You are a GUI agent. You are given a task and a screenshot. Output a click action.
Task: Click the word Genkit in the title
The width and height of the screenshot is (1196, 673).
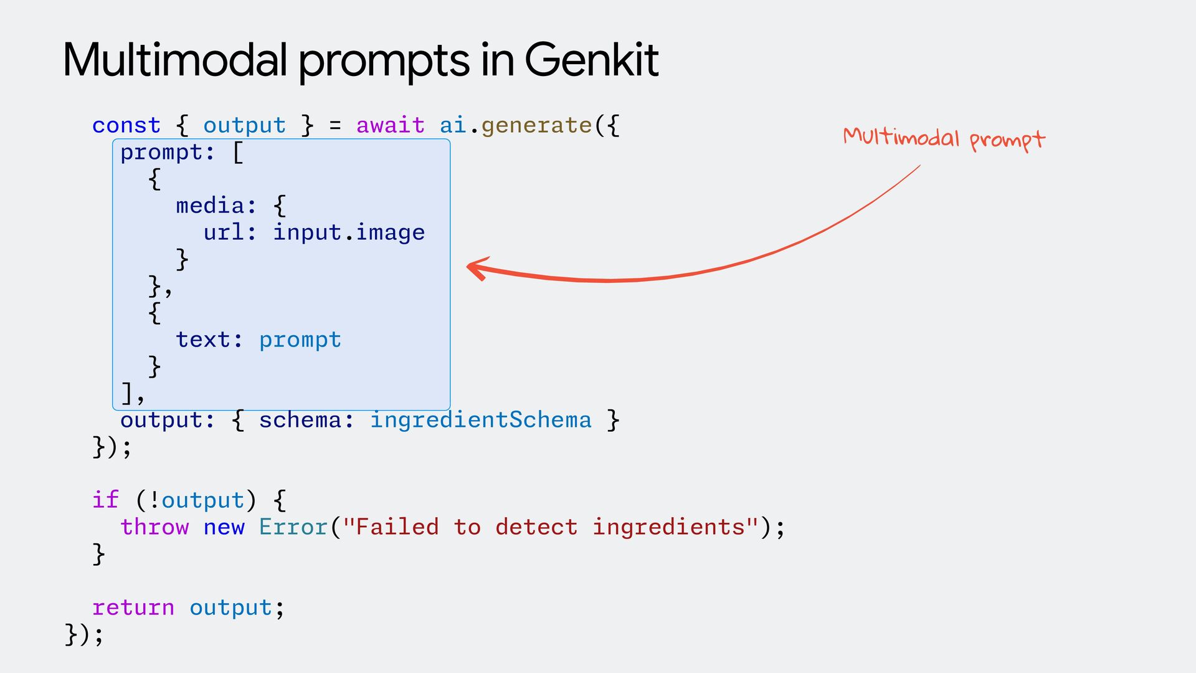pos(591,60)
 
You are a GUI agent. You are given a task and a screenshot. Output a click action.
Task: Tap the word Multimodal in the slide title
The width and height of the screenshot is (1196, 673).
pos(175,60)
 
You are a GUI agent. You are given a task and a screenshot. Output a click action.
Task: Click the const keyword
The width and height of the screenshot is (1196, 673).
pos(126,125)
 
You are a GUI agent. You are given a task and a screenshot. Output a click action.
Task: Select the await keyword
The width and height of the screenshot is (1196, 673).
pos(390,125)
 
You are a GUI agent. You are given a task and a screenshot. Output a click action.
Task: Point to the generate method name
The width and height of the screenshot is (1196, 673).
pos(536,125)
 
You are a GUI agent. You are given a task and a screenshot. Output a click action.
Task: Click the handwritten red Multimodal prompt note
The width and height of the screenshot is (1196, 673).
pos(944,138)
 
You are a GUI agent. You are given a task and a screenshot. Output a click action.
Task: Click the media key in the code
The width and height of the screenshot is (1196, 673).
pos(210,206)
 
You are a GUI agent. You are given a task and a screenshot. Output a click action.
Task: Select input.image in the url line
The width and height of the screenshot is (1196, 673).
pos(349,232)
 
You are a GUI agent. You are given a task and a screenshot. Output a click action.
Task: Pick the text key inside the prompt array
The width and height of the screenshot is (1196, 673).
pos(203,340)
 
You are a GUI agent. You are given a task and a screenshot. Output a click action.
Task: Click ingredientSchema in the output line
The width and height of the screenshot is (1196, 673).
pos(481,420)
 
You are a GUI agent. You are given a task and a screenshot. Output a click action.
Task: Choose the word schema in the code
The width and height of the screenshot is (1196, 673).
pos(300,420)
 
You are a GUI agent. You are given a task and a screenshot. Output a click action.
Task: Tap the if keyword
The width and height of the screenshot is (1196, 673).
pos(105,500)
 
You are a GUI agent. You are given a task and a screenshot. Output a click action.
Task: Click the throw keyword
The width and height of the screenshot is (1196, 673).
pos(154,527)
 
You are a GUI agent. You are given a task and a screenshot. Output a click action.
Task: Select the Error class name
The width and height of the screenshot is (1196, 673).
pos(293,527)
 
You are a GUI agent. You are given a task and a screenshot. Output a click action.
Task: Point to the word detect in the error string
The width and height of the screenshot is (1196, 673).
pos(536,527)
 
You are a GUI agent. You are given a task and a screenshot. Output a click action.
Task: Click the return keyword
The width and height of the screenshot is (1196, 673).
pos(133,608)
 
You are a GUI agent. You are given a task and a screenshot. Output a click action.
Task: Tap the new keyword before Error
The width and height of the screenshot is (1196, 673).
pos(224,527)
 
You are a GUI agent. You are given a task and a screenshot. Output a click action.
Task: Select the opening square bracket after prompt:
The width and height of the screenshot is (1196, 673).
pos(238,153)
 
